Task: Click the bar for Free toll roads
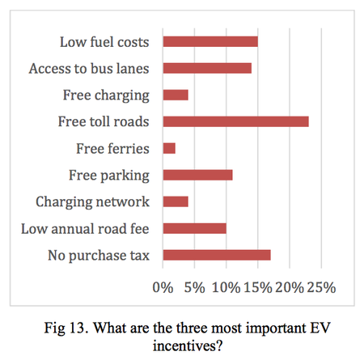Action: [235, 121]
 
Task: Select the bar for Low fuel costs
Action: [210, 41]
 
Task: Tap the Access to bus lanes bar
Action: [207, 68]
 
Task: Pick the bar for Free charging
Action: [176, 95]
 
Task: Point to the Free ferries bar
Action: [169, 148]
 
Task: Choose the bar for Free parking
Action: [197, 175]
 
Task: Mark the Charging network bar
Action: [176, 201]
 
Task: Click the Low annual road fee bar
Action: [194, 228]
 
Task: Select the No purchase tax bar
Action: [217, 255]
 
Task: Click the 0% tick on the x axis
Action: [163, 287]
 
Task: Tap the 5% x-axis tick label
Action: [194, 287]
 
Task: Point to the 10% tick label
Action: [226, 287]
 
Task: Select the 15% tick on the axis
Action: [257, 287]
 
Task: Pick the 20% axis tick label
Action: [289, 287]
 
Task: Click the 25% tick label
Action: [320, 287]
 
